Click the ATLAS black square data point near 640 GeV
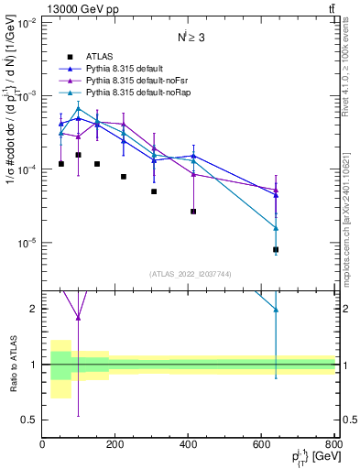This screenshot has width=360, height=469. [x=276, y=249]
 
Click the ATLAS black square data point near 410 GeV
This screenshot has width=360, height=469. [x=193, y=212]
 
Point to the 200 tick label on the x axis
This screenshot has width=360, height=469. [x=115, y=444]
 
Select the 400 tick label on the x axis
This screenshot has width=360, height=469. [x=189, y=444]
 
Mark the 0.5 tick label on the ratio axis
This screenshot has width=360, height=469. [x=30, y=420]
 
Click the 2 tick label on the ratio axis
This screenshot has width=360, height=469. [x=35, y=309]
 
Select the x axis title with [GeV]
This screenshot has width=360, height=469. [x=311, y=458]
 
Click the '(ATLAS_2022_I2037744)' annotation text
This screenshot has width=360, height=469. [x=189, y=274]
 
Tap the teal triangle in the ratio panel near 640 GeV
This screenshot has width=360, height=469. [x=276, y=310]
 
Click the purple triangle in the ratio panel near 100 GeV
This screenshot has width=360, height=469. [x=78, y=318]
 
